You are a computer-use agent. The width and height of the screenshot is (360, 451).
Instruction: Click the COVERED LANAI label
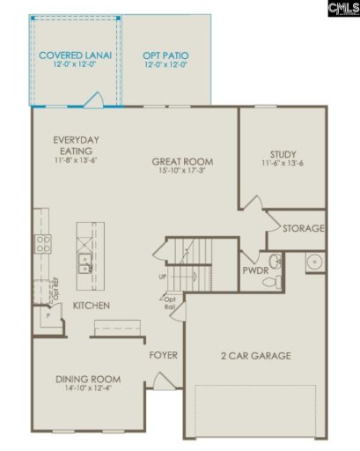click(x=76, y=55)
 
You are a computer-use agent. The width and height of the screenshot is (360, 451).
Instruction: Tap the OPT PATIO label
click(x=165, y=55)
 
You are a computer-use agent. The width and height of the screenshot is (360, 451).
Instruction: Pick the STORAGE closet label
click(x=303, y=228)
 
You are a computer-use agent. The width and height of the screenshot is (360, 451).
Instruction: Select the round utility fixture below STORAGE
click(x=313, y=262)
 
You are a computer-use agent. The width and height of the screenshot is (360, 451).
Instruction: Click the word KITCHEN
click(x=91, y=306)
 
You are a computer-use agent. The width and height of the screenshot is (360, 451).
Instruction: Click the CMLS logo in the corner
click(x=341, y=9)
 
